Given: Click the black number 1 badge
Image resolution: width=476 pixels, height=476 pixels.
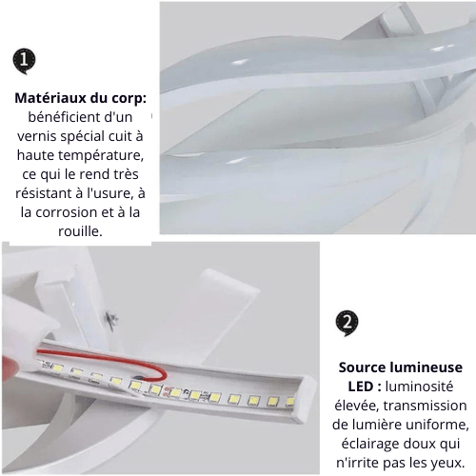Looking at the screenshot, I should [24, 60].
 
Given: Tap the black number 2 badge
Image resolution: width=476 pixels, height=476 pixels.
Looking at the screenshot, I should [347, 324].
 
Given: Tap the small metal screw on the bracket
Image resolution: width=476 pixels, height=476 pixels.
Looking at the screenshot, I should [111, 319].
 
